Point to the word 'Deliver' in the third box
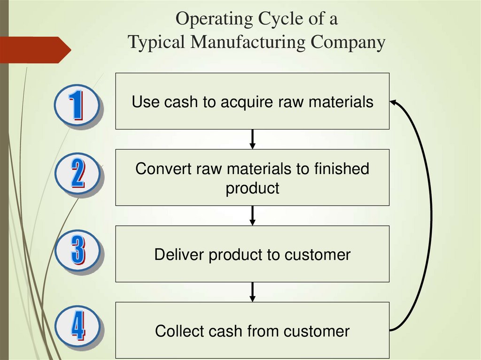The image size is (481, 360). [179, 254]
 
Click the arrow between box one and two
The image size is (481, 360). [253, 139]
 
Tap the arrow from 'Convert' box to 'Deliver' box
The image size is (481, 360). [253, 215]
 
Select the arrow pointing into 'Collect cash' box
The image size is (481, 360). [253, 292]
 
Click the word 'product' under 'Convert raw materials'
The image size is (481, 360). [252, 188]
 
